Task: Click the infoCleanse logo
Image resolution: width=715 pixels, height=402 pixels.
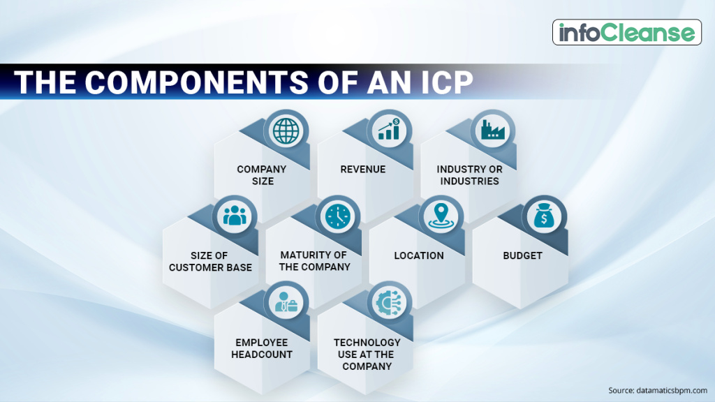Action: tap(627, 32)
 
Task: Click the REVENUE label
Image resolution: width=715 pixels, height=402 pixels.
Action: tap(363, 170)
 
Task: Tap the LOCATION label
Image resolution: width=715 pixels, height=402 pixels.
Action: tap(419, 256)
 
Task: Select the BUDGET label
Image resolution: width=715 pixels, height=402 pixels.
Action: tap(522, 256)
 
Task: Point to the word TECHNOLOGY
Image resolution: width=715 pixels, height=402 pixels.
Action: tap(367, 343)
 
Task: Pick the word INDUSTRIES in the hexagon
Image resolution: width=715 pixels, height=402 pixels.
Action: tap(470, 181)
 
